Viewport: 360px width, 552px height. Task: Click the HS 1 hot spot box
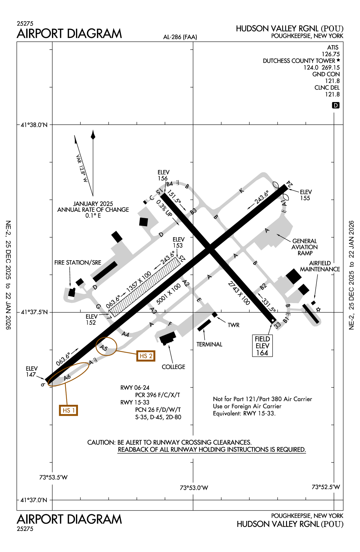pyautogui.click(x=69, y=410)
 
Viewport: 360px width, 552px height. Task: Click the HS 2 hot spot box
pyautogui.click(x=146, y=356)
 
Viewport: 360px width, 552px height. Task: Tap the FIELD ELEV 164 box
pyautogui.click(x=262, y=346)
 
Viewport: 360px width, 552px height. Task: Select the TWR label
pyautogui.click(x=234, y=325)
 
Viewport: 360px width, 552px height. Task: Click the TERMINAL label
pyautogui.click(x=209, y=344)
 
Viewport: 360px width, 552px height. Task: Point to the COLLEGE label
pyautogui.click(x=173, y=367)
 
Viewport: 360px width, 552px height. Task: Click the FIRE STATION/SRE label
pyautogui.click(x=78, y=263)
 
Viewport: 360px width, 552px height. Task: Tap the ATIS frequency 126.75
pyautogui.click(x=331, y=54)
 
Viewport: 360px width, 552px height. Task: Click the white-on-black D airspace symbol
pyautogui.click(x=336, y=105)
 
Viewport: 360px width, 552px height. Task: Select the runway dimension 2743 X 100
pyautogui.click(x=239, y=293)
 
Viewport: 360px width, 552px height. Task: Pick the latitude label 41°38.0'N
pyautogui.click(x=34, y=125)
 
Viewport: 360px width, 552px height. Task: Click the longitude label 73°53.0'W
pyautogui.click(x=194, y=488)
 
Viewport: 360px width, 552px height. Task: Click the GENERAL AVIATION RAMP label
pyautogui.click(x=304, y=247)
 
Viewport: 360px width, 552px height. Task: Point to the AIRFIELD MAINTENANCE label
pyautogui.click(x=320, y=266)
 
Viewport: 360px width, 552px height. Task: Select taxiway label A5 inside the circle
pyautogui.click(x=104, y=348)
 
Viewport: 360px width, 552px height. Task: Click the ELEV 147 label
pyautogui.click(x=31, y=371)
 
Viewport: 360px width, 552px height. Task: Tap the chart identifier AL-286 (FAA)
pyautogui.click(x=180, y=37)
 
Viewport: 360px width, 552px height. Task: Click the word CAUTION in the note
pyautogui.click(x=101, y=442)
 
